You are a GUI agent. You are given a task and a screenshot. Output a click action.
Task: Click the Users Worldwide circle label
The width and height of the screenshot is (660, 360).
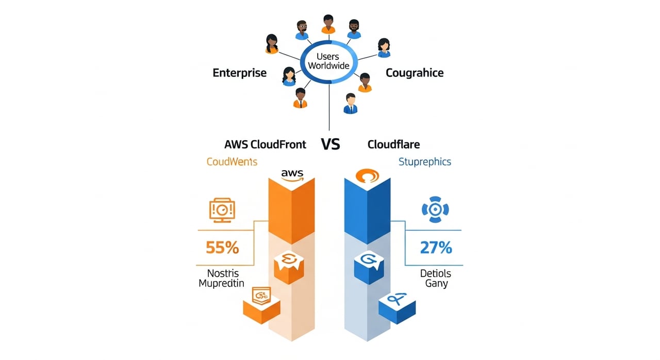(x=328, y=61)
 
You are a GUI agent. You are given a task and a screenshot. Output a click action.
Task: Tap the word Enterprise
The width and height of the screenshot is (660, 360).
(x=240, y=73)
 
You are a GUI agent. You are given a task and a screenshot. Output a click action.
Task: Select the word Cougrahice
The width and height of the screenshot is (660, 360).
(x=415, y=73)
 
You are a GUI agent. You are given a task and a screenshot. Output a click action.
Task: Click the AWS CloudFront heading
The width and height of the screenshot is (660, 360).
(x=266, y=144)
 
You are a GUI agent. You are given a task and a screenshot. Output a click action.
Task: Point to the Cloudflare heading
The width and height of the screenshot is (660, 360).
(x=393, y=144)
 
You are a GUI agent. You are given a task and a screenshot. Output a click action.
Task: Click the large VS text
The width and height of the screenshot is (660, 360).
(x=331, y=144)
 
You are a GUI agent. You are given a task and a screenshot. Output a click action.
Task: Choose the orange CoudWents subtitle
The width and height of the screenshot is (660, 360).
(x=232, y=162)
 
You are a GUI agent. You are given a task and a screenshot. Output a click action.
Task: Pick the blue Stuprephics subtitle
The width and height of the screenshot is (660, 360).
(x=425, y=162)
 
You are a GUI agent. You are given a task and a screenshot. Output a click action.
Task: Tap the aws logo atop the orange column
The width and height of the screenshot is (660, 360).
(x=292, y=174)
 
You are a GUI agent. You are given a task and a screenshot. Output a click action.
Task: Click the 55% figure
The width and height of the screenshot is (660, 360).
(x=222, y=248)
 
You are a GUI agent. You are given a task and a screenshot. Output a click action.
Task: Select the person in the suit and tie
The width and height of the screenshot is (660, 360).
(x=351, y=103)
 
